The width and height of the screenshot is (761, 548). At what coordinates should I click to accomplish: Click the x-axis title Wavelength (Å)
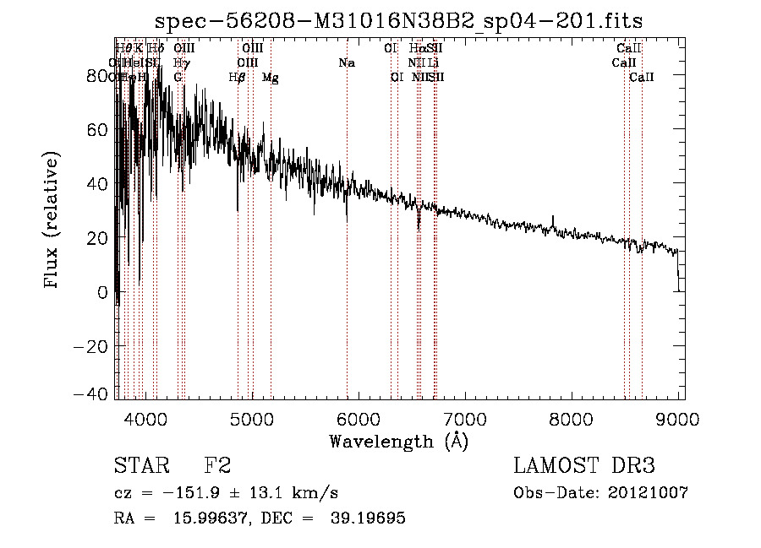(399, 441)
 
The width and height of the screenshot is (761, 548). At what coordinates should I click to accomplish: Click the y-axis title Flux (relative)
(52, 221)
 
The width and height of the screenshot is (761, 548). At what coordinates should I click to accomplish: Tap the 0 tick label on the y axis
(103, 292)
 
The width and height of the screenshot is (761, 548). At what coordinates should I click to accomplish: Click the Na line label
(346, 63)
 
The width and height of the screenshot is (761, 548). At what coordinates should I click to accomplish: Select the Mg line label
(271, 78)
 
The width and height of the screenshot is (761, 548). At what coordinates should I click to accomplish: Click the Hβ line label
(238, 78)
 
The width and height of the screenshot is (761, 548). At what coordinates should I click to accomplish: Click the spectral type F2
(218, 466)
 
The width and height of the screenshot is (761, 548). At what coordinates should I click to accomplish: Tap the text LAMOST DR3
(584, 466)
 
